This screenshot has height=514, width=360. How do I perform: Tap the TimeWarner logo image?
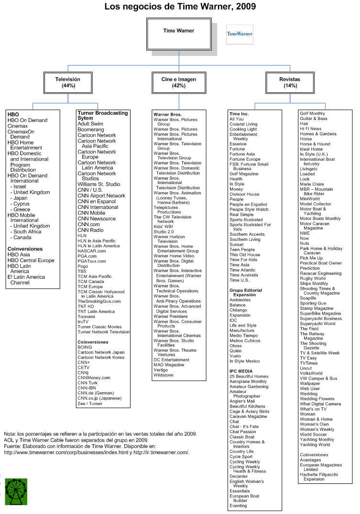click(240, 34)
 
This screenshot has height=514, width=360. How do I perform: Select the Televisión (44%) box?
click(68, 82)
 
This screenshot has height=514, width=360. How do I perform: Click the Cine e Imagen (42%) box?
click(179, 82)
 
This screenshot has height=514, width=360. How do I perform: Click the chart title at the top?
click(180, 7)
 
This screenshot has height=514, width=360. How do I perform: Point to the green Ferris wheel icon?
click(16, 491)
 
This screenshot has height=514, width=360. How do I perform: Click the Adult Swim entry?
click(90, 124)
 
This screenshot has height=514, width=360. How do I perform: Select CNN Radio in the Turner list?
click(90, 230)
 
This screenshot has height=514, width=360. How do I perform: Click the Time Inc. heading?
click(239, 114)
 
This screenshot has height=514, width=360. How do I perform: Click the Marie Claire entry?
click(312, 184)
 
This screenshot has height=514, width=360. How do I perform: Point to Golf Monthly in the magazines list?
click(312, 113)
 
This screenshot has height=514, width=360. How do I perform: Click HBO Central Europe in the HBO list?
click(31, 261)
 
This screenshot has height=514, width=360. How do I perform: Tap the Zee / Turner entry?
click(90, 404)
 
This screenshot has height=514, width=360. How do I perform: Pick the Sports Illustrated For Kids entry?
click(250, 227)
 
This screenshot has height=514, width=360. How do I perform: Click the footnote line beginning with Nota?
click(100, 434)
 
